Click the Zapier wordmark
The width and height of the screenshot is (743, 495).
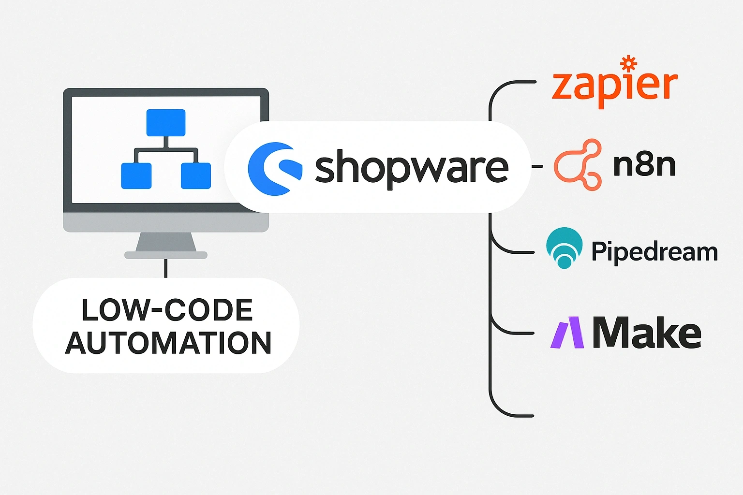coord(614,87)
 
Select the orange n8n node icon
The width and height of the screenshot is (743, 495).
coord(578,165)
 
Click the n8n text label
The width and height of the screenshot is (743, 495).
coord(644,165)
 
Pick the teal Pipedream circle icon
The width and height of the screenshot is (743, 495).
coord(564,247)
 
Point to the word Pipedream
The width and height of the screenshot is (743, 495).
coord(654,251)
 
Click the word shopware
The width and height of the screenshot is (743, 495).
coord(412,167)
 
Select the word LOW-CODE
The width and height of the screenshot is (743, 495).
coord(167,310)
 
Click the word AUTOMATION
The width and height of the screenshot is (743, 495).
coord(168,343)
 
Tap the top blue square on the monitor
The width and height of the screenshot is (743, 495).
coord(165,123)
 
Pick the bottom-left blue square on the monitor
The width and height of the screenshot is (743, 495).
coord(136,175)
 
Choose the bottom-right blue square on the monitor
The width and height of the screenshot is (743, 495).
coord(195,175)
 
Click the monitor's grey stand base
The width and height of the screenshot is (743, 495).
coord(166,255)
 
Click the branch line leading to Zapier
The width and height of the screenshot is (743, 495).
coord(513,83)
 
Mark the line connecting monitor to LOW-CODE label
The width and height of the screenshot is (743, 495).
coord(165,268)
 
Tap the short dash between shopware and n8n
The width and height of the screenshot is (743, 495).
coord(537,166)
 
